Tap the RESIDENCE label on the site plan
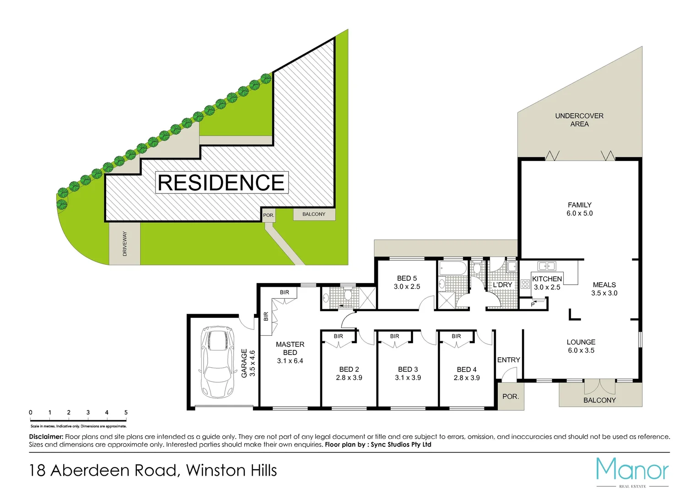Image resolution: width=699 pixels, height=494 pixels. (x=221, y=183)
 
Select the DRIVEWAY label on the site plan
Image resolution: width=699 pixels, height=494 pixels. (x=124, y=243)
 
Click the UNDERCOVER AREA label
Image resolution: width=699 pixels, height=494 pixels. (x=579, y=120)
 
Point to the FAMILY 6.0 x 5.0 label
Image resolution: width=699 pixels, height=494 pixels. (x=579, y=209)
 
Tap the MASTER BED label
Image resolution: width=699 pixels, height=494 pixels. (x=290, y=349)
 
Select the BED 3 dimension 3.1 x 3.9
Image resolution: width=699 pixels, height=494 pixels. (x=408, y=378)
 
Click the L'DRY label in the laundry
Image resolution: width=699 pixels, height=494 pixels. (x=502, y=285)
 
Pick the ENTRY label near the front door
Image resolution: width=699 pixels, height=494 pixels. (x=508, y=360)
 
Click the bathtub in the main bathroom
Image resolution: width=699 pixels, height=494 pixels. (x=452, y=268)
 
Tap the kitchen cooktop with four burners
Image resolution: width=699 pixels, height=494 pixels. (x=525, y=284)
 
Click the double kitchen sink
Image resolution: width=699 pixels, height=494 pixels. (x=546, y=266)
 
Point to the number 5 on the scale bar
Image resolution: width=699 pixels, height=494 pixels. (x=126, y=412)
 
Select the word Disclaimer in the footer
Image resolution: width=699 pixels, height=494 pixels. (x=46, y=437)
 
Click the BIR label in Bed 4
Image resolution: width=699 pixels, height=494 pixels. (x=456, y=336)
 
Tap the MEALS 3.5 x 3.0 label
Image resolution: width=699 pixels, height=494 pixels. (x=604, y=289)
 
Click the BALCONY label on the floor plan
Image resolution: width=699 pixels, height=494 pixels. (x=599, y=400)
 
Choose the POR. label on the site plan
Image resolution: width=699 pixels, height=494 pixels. (x=269, y=215)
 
